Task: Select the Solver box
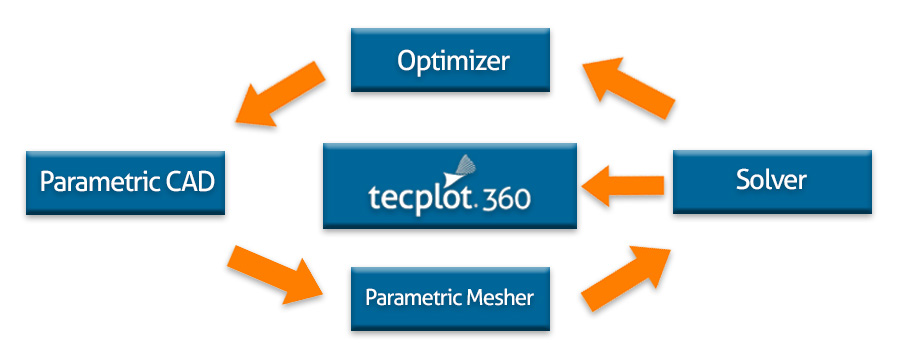771,181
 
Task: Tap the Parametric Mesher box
450,298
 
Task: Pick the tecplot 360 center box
450,185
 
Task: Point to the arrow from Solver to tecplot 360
624,184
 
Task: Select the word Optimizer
453,61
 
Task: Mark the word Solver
771,181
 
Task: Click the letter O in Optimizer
407,61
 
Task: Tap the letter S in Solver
743,181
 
